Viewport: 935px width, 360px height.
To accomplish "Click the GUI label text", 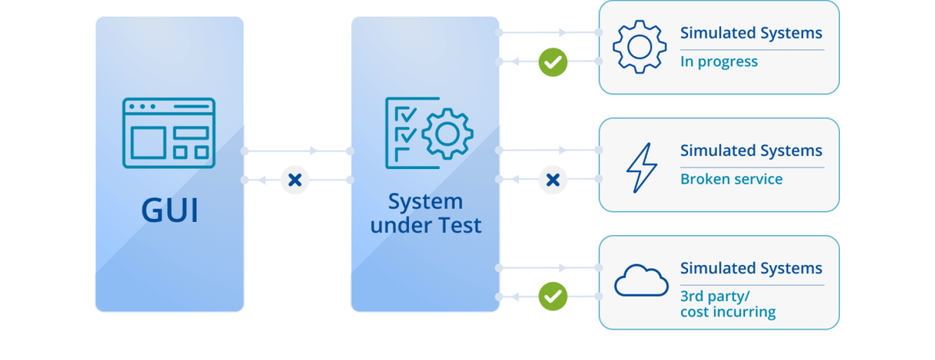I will (170, 210).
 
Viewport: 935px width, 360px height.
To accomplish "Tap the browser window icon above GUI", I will (168, 132).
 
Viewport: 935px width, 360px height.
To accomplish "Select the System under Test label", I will (425, 214).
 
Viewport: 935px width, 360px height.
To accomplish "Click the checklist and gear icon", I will (429, 133).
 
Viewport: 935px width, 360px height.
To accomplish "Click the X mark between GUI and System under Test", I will (295, 180).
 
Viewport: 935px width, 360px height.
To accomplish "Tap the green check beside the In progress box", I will (553, 62).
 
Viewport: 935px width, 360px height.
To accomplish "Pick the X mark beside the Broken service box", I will (553, 180).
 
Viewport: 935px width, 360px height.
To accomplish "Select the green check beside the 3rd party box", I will (553, 296).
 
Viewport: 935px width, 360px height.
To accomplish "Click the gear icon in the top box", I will (640, 48).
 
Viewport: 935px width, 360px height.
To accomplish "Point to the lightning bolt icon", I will (642, 167).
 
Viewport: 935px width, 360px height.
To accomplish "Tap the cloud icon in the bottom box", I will (641, 281).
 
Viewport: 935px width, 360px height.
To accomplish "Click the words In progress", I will (718, 62).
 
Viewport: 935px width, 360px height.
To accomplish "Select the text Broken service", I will (731, 179).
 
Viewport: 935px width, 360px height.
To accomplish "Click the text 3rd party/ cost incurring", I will (728, 304).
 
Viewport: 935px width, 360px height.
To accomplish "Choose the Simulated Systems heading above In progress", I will (751, 33).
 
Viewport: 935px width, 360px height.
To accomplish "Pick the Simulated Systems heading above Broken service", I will (751, 150).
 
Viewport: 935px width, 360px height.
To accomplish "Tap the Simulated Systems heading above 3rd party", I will (751, 268).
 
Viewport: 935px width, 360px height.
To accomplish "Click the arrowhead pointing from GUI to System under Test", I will (313, 150).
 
